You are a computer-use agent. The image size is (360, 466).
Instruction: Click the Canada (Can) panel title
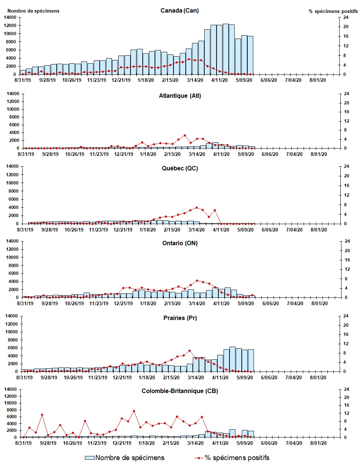point(179,10)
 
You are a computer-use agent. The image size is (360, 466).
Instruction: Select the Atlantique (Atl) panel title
point(180,96)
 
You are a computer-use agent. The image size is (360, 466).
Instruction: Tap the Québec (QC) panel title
point(180,168)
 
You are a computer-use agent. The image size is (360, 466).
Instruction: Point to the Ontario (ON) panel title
point(180,243)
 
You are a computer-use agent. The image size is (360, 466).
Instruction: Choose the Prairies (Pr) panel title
point(180,318)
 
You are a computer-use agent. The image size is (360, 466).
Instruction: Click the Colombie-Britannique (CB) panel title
point(180,391)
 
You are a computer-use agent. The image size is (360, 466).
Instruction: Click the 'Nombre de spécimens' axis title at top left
point(33,11)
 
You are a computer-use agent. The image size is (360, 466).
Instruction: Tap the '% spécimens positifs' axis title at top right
point(333,11)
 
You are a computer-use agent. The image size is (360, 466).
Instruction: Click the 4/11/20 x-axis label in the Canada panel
point(219,80)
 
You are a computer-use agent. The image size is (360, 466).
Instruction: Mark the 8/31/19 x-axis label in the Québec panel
point(25,230)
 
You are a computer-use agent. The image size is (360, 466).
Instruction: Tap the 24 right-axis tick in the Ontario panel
point(347,241)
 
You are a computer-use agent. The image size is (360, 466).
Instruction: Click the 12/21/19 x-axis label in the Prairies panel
point(122,377)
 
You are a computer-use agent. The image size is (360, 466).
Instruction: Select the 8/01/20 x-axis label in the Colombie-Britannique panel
point(318,443)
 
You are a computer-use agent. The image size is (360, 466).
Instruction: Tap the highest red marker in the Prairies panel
point(189,350)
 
